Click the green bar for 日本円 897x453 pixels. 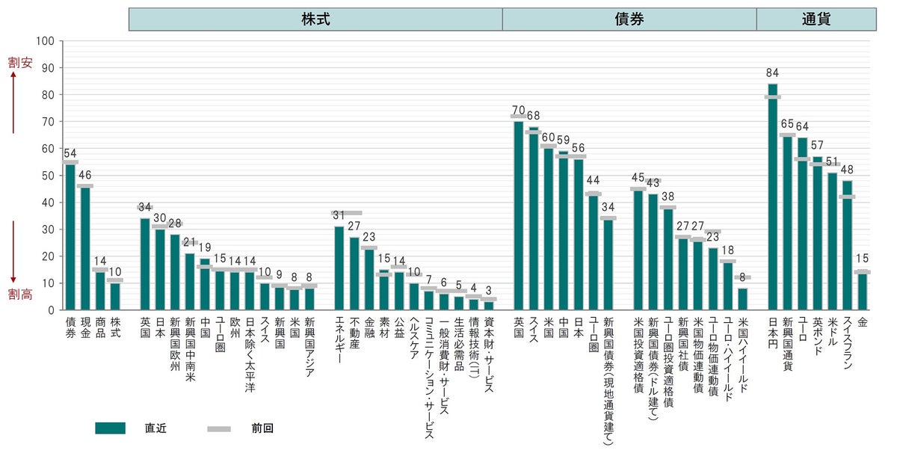pos(773,202)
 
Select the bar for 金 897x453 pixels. pos(863,292)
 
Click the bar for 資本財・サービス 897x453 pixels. pos(489,305)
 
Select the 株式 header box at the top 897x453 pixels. pos(315,19)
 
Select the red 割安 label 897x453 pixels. pos(20,64)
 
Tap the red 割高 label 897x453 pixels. pos(20,295)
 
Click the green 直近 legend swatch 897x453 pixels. pos(110,428)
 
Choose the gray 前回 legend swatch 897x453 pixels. pos(220,428)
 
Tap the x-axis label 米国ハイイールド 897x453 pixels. pos(742,352)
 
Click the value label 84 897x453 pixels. pos(773,73)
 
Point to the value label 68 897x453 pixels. pos(533,116)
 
